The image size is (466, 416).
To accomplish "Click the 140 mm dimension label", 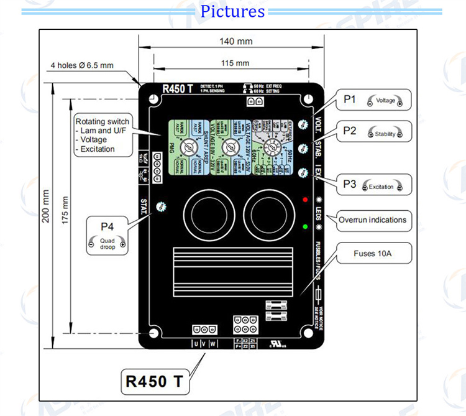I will tap(236, 42).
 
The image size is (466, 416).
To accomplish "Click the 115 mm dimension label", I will tap(235, 63).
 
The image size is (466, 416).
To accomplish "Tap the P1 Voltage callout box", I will tap(375, 99).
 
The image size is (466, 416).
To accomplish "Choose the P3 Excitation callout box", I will tap(375, 185).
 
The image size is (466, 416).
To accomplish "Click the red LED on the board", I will tap(304, 200).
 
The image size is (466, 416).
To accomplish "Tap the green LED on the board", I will tap(304, 226).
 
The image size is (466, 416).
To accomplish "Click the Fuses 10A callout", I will tap(372, 253).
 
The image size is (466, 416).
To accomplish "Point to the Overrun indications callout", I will tap(372, 220).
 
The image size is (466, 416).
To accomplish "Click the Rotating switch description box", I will tap(102, 135).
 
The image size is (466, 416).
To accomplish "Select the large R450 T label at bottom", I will tap(154, 381).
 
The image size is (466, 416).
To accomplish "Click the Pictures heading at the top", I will tap(233, 11).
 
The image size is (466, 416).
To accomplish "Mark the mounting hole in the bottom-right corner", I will tap(309, 335).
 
